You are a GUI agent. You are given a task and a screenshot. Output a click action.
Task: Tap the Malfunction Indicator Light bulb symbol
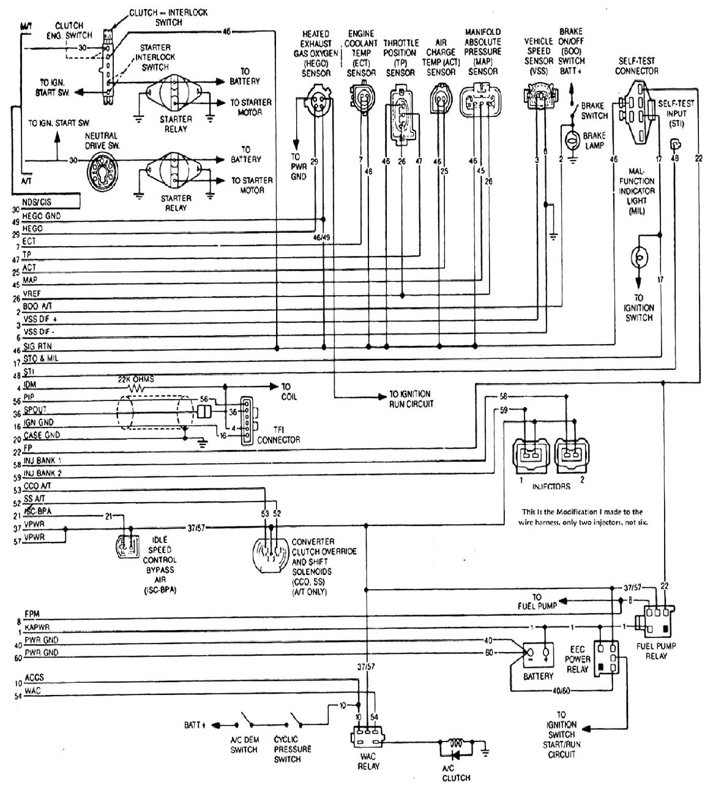pos(639,257)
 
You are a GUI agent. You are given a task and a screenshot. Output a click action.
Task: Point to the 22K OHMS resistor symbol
pos(137,388)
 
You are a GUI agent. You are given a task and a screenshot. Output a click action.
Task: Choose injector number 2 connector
pos(570,454)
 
